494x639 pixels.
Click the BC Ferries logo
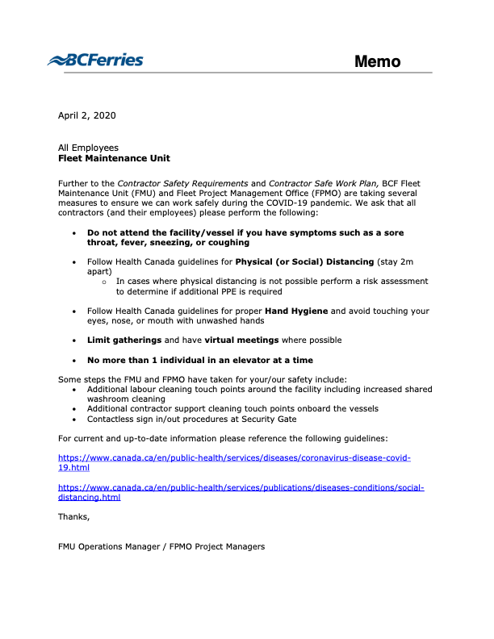[95, 60]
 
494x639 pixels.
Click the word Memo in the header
[377, 61]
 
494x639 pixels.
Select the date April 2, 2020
[86, 115]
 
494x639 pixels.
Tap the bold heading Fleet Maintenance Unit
[114, 158]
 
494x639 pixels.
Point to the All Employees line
[88, 148]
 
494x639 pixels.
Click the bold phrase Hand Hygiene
[295, 311]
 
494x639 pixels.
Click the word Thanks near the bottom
[73, 516]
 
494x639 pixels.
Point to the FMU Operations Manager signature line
[161, 546]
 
